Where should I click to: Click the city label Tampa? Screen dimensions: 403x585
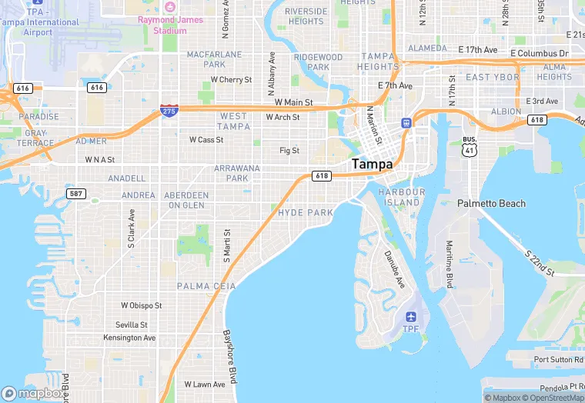[372, 164]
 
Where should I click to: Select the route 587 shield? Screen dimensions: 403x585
[75, 193]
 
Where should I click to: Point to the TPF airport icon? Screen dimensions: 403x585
[410, 317]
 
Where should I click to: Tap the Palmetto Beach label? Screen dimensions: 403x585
[491, 204]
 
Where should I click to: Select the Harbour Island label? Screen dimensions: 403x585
[402, 197]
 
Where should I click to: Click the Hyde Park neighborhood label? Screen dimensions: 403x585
[306, 212]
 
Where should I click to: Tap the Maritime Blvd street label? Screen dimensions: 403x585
[450, 265]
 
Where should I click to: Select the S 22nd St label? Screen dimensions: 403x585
[540, 262]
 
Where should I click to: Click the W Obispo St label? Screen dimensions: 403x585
[141, 305]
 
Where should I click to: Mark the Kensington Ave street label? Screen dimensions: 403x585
[129, 338]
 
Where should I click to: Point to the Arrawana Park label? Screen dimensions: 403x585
[237, 172]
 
